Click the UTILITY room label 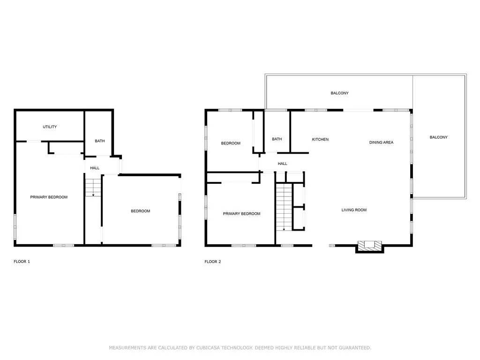[x=50, y=127]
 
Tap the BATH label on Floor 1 [x=99, y=141]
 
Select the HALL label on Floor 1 [x=95, y=168]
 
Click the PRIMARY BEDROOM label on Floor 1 [x=49, y=197]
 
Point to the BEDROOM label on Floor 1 [x=140, y=211]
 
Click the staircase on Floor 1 [x=93, y=187]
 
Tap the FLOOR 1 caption [x=22, y=262]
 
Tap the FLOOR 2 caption [x=213, y=262]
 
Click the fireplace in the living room [x=369, y=245]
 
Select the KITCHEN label [x=320, y=140]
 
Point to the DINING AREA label [x=381, y=142]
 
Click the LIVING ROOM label [x=354, y=210]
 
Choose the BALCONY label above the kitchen [x=339, y=93]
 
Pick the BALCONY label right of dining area [x=438, y=137]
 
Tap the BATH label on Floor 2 [x=277, y=139]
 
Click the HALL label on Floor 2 [x=282, y=164]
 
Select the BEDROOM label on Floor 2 [x=231, y=143]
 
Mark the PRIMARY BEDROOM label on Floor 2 [x=241, y=214]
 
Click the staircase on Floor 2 [x=284, y=206]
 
